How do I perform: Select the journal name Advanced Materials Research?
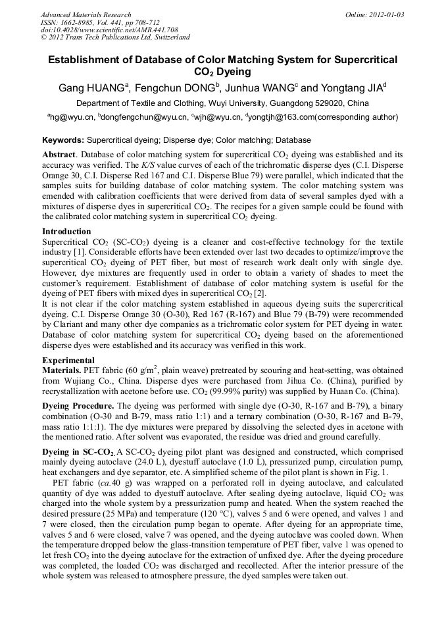click(x=86, y=14)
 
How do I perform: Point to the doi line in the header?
click(x=109, y=30)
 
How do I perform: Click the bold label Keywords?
click(x=63, y=140)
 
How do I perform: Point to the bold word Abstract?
click(x=59, y=154)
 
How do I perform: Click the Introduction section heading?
click(x=66, y=232)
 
